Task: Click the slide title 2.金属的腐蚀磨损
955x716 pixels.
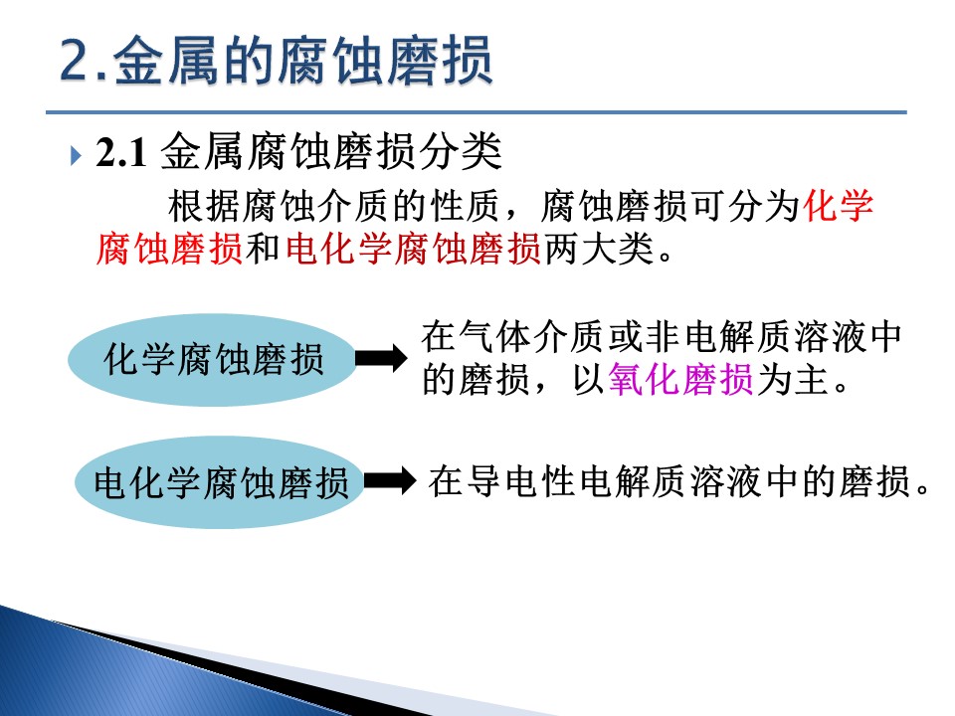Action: (x=277, y=60)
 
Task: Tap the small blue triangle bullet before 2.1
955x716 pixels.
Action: (x=76, y=155)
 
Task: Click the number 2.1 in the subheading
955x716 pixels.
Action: (x=121, y=152)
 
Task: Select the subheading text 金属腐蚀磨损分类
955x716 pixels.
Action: (x=331, y=151)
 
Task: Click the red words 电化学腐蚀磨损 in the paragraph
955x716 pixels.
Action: (x=413, y=249)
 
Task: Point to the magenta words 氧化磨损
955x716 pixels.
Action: (x=680, y=379)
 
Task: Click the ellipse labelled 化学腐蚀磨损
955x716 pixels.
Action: (x=212, y=359)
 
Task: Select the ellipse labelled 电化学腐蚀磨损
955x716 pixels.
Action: (x=220, y=481)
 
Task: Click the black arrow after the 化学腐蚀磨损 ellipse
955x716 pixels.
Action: (x=381, y=358)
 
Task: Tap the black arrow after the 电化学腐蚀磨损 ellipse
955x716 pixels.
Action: (x=389, y=480)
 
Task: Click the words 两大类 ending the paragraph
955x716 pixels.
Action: (x=599, y=249)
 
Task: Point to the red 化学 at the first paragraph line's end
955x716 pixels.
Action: (x=839, y=205)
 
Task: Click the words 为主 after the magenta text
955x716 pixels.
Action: (x=792, y=379)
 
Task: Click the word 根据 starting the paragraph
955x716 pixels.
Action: (x=204, y=205)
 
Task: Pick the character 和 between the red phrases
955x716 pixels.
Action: (x=263, y=249)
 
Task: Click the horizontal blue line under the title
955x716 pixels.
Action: (x=477, y=112)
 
